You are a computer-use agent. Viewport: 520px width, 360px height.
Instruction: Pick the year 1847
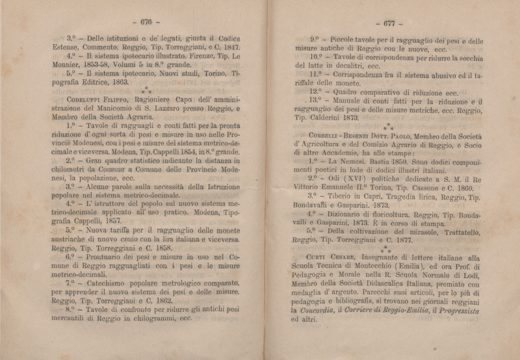pyautogui.click(x=229, y=47)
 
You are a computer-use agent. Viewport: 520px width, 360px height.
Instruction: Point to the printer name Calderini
pyautogui.click(x=339, y=118)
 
